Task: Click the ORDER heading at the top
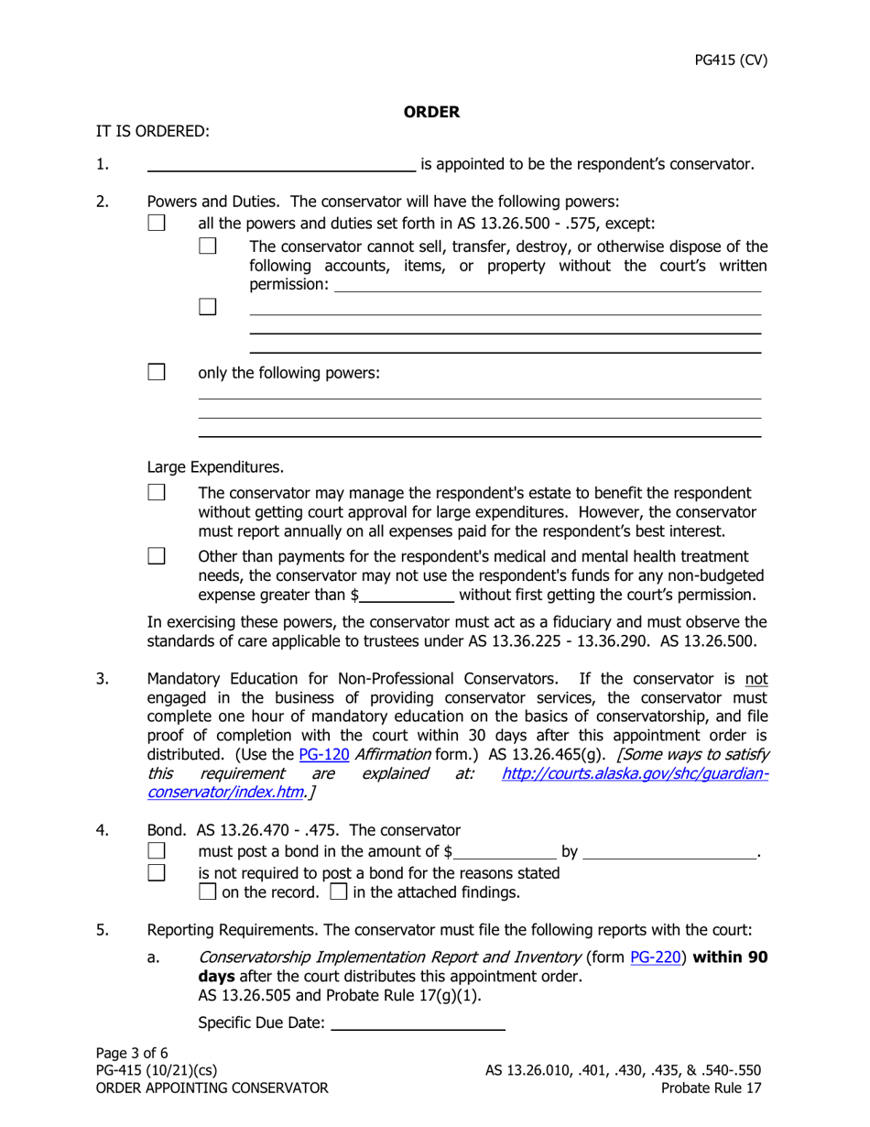pyautogui.click(x=431, y=112)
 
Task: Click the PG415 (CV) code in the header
pyautogui.click(x=731, y=60)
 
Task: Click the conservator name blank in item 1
pyautogui.click(x=280, y=165)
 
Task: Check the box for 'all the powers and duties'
pyautogui.click(x=157, y=223)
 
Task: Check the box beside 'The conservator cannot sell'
pyautogui.click(x=208, y=246)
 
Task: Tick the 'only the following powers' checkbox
pyautogui.click(x=157, y=372)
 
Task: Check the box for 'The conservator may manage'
pyautogui.click(x=157, y=493)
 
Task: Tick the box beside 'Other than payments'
pyautogui.click(x=157, y=556)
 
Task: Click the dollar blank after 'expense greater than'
pyautogui.click(x=407, y=596)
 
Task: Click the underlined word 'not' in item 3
pyautogui.click(x=756, y=679)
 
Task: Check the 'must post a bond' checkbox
pyautogui.click(x=157, y=852)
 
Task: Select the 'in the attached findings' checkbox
pyautogui.click(x=338, y=892)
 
